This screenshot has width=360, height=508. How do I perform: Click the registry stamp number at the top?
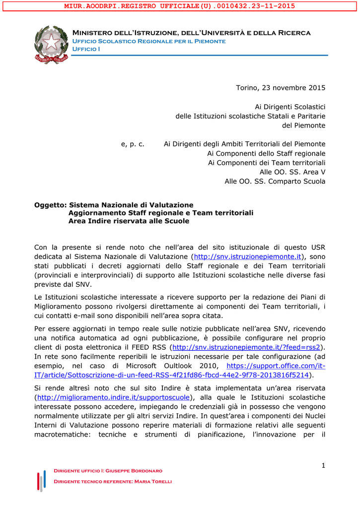pyautogui.click(x=180, y=6)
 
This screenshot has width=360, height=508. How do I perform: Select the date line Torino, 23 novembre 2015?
pyautogui.click(x=280, y=88)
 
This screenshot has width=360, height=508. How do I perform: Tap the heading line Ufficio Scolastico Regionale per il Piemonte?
pyautogui.click(x=149, y=41)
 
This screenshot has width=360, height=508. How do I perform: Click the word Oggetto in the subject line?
pyautogui.click(x=50, y=205)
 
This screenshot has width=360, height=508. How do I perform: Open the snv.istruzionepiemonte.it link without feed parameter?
pyautogui.click(x=248, y=256)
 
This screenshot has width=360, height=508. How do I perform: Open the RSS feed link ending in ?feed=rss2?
pyautogui.click(x=246, y=347)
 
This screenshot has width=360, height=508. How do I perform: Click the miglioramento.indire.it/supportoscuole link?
pyautogui.click(x=114, y=397)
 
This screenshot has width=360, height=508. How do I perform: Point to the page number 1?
pyautogui.click(x=323, y=465)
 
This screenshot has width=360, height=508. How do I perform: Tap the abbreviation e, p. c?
pyautogui.click(x=133, y=144)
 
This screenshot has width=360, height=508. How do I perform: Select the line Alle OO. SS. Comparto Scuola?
pyautogui.click(x=275, y=181)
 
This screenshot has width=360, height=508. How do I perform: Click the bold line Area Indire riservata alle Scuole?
pyautogui.click(x=129, y=221)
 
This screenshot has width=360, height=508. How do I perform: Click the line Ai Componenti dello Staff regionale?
pyautogui.click(x=266, y=153)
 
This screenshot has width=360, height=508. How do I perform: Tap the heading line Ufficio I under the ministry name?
pyautogui.click(x=86, y=49)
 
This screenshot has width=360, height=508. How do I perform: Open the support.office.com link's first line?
pyautogui.click(x=276, y=366)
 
